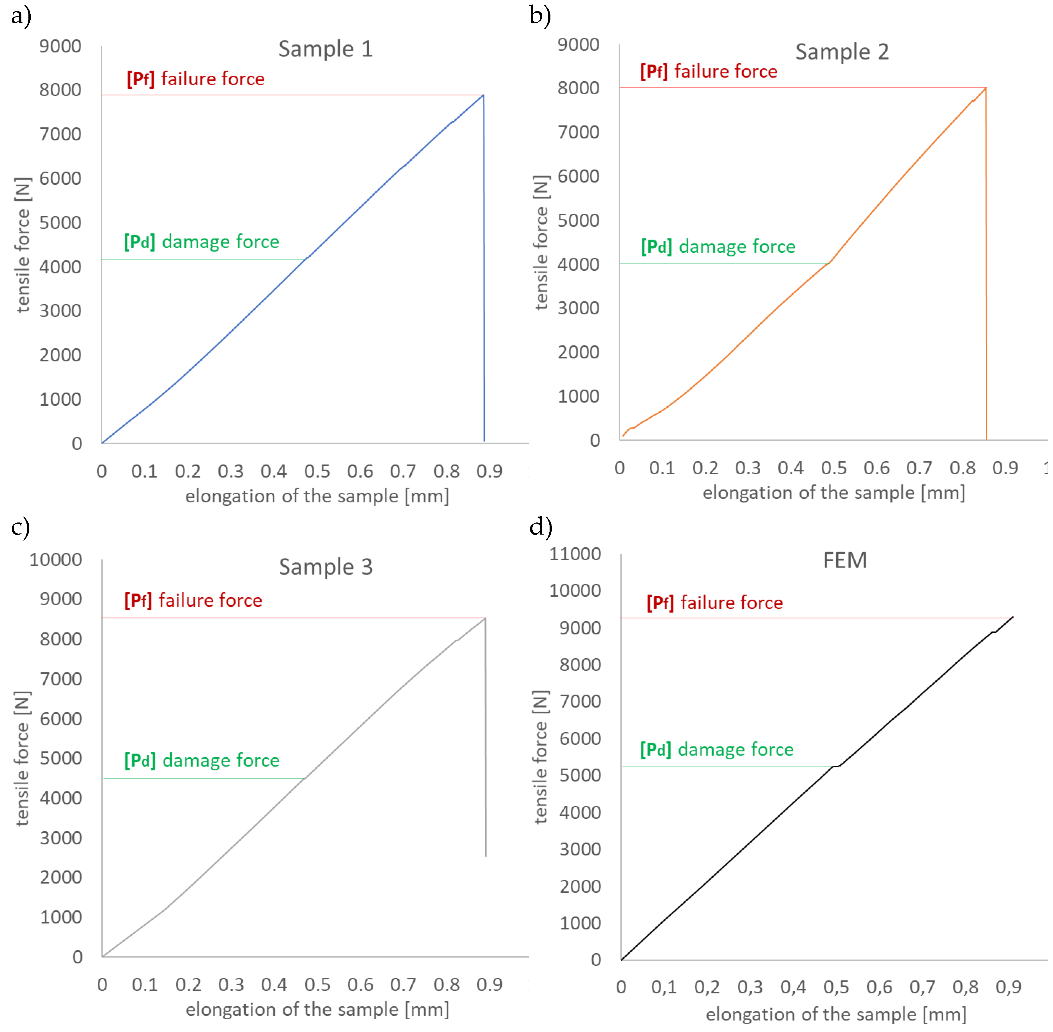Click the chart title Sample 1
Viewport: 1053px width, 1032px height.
(x=325, y=49)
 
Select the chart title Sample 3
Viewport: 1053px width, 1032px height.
(x=325, y=567)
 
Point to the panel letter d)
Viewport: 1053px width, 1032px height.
(x=540, y=527)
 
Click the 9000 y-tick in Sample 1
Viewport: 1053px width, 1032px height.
(x=60, y=46)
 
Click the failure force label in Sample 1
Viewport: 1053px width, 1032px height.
(x=196, y=79)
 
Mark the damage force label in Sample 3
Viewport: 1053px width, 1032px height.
(x=201, y=760)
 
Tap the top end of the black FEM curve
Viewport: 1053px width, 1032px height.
(x=1012, y=617)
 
